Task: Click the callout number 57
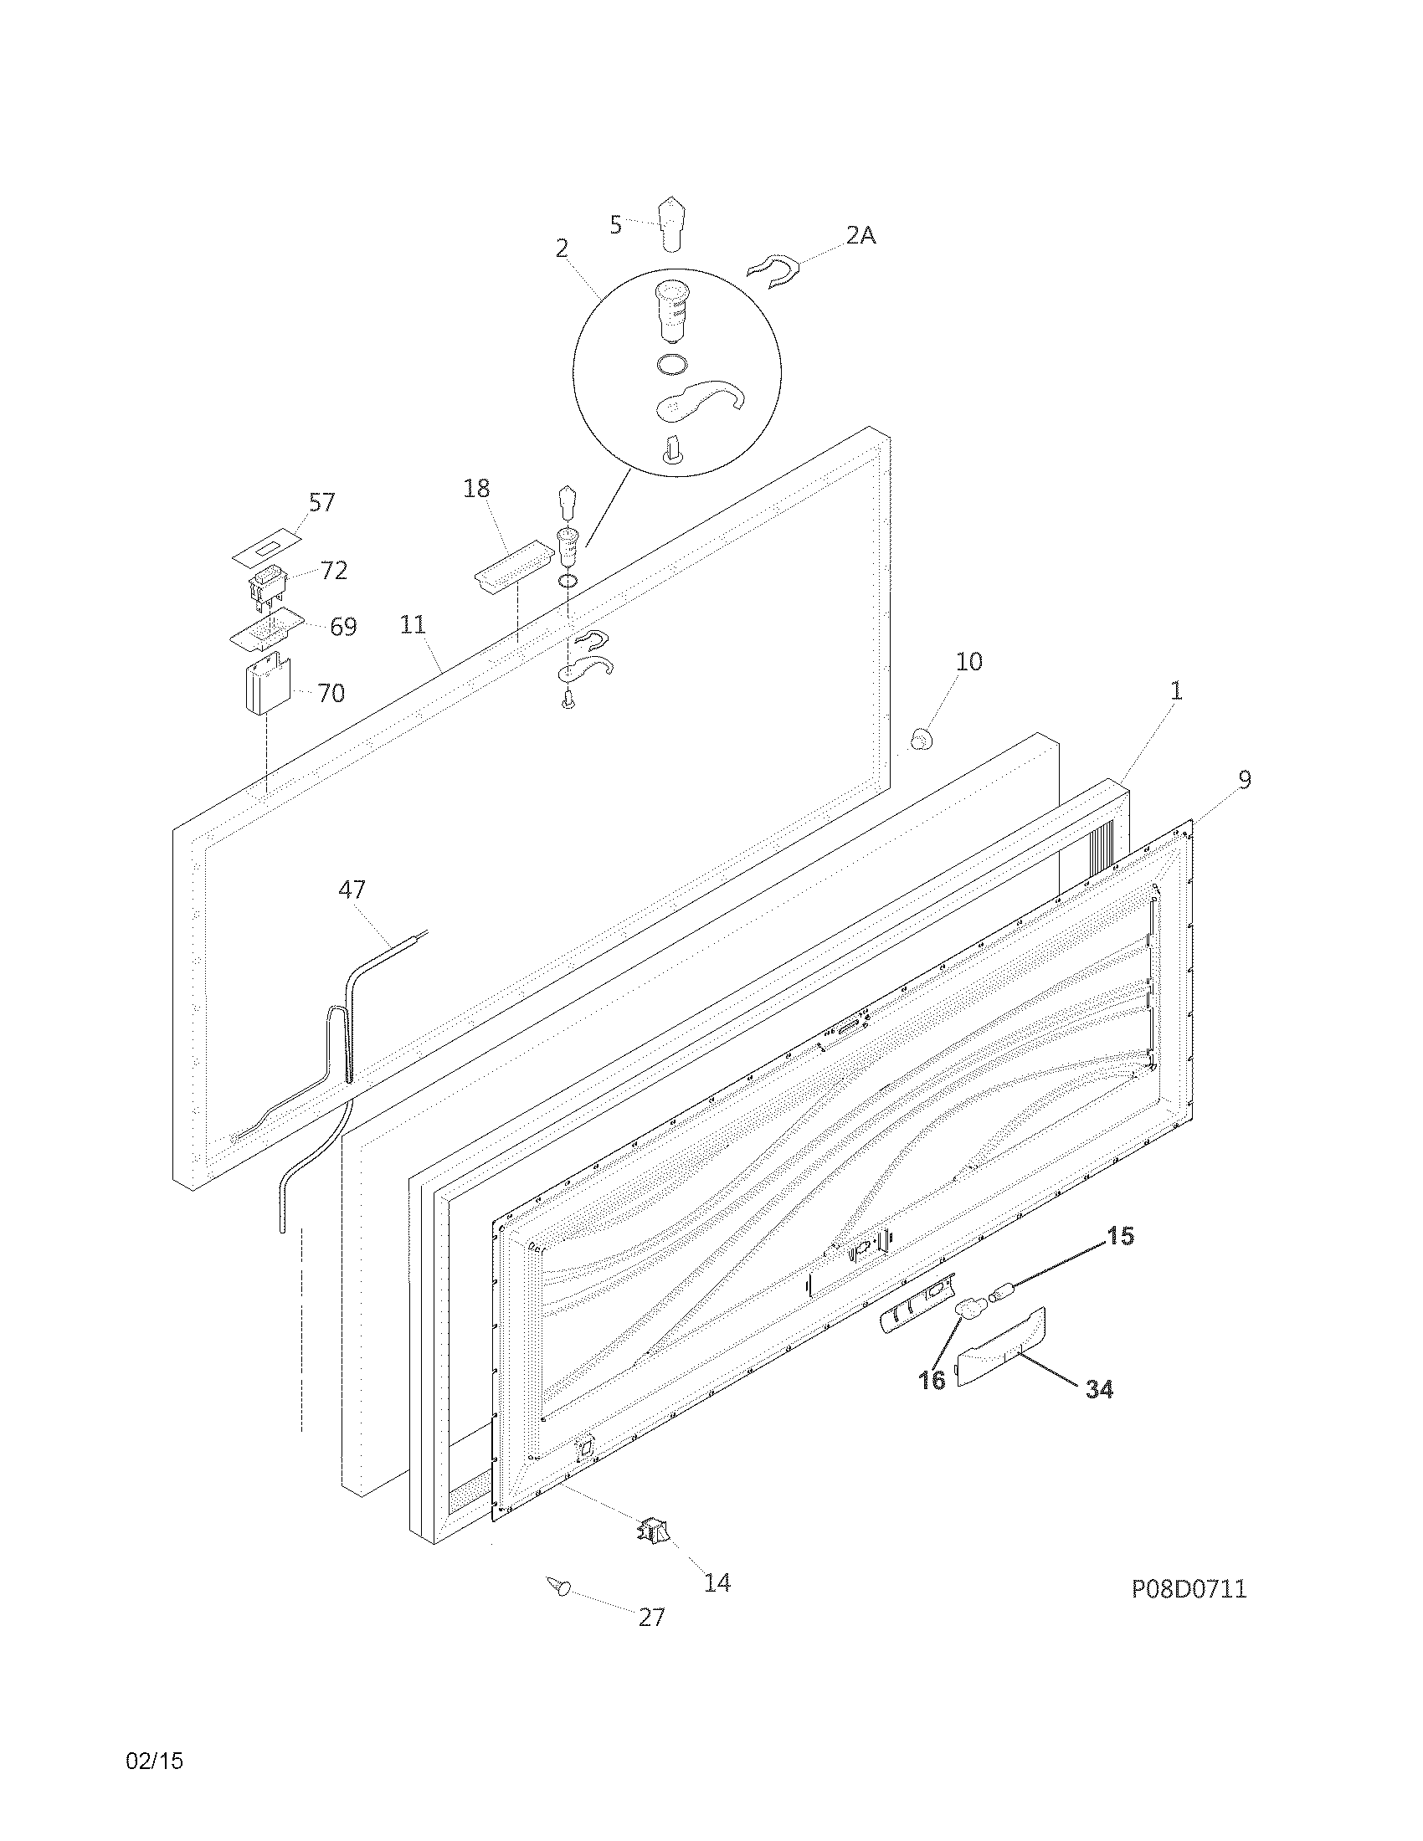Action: [x=321, y=502]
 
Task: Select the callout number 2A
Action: [x=860, y=236]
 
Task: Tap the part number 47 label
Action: [x=352, y=889]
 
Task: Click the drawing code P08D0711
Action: [x=1189, y=1589]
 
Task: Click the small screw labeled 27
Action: [x=558, y=1587]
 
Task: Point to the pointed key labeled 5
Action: [x=671, y=223]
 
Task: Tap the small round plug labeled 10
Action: [x=922, y=741]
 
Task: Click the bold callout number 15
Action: [x=1120, y=1236]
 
